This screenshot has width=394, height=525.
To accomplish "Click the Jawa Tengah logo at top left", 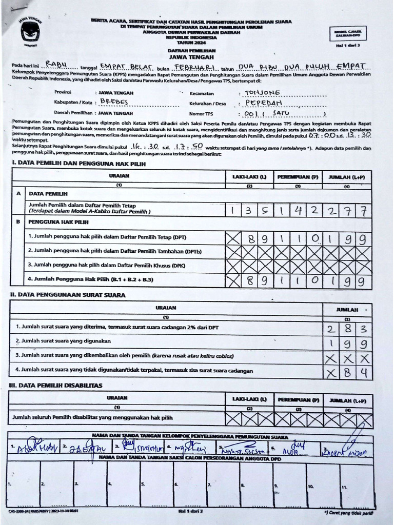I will click(30, 32).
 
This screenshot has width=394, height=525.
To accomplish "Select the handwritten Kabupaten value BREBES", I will click(114, 103).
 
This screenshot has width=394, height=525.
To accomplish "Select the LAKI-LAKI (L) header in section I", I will click(249, 176).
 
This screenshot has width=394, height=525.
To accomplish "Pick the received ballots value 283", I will click(347, 328).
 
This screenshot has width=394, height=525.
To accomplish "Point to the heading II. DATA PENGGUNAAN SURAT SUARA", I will click(67, 295).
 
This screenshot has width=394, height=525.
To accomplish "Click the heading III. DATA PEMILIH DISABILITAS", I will click(56, 385).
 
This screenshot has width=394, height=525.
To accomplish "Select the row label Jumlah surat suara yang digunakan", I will click(64, 341).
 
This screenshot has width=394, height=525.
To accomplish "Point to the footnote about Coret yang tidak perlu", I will click(348, 512).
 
